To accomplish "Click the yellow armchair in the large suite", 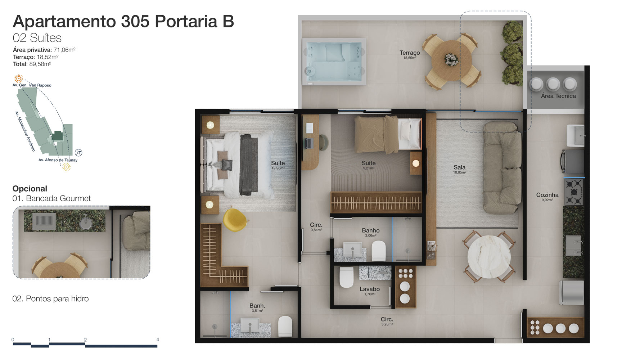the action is tap(235, 219).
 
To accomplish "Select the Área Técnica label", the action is tap(558, 96).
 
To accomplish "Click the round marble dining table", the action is tap(489, 257).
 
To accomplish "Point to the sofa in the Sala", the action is tap(502, 168).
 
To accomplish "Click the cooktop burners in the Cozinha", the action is tap(573, 192).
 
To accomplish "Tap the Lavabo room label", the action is tap(370, 289).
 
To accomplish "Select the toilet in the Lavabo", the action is tap(347, 277).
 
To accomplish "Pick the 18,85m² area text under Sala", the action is tap(459, 173).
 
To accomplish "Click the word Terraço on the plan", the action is tap(410, 53).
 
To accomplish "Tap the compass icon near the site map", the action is tap(78, 153).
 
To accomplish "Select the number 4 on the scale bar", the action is tap(158, 339).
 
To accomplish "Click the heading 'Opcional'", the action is tap(30, 189).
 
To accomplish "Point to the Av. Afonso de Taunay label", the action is tap(58, 160).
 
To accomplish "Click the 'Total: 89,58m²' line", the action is tap(32, 64).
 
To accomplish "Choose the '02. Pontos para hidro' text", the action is tap(50, 299).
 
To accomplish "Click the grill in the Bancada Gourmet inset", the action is tap(44, 221).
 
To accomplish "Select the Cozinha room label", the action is tap(547, 195).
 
